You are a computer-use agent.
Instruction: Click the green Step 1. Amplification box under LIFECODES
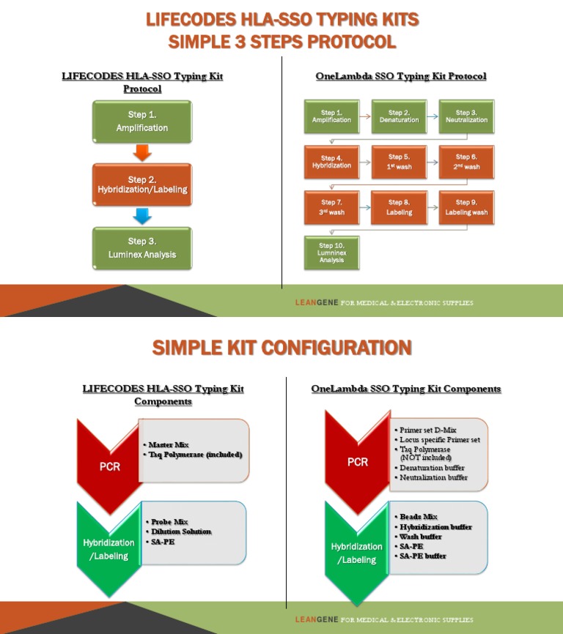coord(142,122)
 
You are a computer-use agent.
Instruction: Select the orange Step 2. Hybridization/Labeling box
coord(142,184)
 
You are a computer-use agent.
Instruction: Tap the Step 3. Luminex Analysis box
coord(142,248)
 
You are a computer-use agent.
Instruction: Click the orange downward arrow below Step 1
coord(142,152)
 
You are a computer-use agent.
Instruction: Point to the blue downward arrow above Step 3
coord(142,216)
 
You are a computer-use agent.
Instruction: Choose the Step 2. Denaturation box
coord(400,116)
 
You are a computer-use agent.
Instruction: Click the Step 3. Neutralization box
coord(466,116)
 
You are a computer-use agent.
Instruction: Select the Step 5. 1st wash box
coord(400,162)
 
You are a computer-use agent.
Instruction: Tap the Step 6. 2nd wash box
coord(466,162)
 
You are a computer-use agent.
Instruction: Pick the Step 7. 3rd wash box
coord(331,207)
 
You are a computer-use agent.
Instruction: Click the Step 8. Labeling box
coord(400,207)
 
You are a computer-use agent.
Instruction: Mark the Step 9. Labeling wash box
coord(466,207)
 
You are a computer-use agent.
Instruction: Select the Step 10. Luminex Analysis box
coord(331,253)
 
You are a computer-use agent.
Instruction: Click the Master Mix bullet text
coord(168,444)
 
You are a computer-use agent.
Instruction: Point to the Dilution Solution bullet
coord(181,532)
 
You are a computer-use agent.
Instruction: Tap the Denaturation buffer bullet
coord(432,468)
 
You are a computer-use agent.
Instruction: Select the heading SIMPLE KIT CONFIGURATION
coord(281,348)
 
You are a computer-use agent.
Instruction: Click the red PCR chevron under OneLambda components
coord(358,463)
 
